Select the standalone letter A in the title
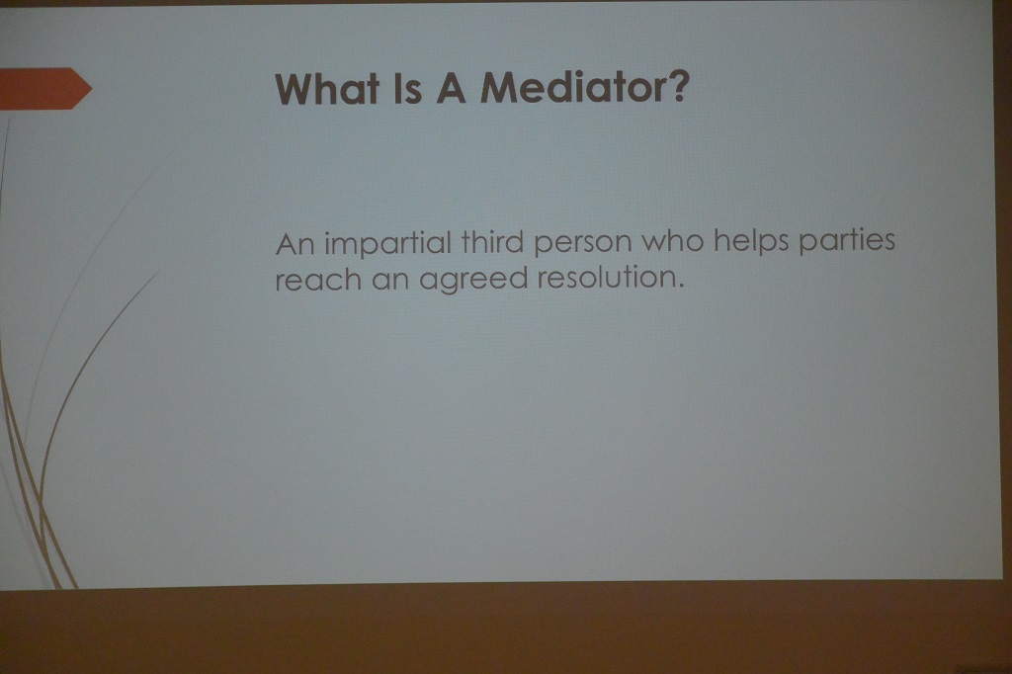tap(451, 88)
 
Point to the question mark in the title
tap(679, 86)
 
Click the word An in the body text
tap(295, 245)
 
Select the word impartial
tap(387, 245)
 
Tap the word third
tap(492, 243)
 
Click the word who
tap(673, 241)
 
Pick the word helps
tap(751, 242)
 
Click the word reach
tap(318, 281)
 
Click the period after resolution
tap(680, 286)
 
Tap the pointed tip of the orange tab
tap(92, 88)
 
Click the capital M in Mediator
tap(499, 88)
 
